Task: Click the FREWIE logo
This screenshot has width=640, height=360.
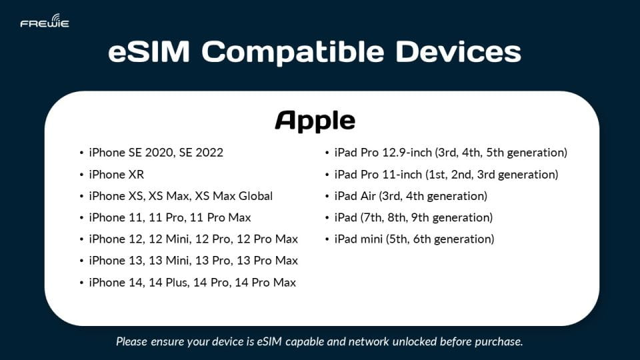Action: click(x=45, y=21)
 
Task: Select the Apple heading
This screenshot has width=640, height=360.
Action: click(x=315, y=121)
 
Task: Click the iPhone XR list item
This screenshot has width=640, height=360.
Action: click(x=116, y=175)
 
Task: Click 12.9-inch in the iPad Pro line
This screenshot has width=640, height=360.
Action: click(x=402, y=153)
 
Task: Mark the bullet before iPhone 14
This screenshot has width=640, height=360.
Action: click(x=81, y=283)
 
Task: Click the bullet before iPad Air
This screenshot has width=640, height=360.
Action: click(x=327, y=196)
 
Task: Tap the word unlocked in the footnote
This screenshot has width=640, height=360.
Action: click(x=395, y=342)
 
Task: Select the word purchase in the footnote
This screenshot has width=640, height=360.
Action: click(x=499, y=342)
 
